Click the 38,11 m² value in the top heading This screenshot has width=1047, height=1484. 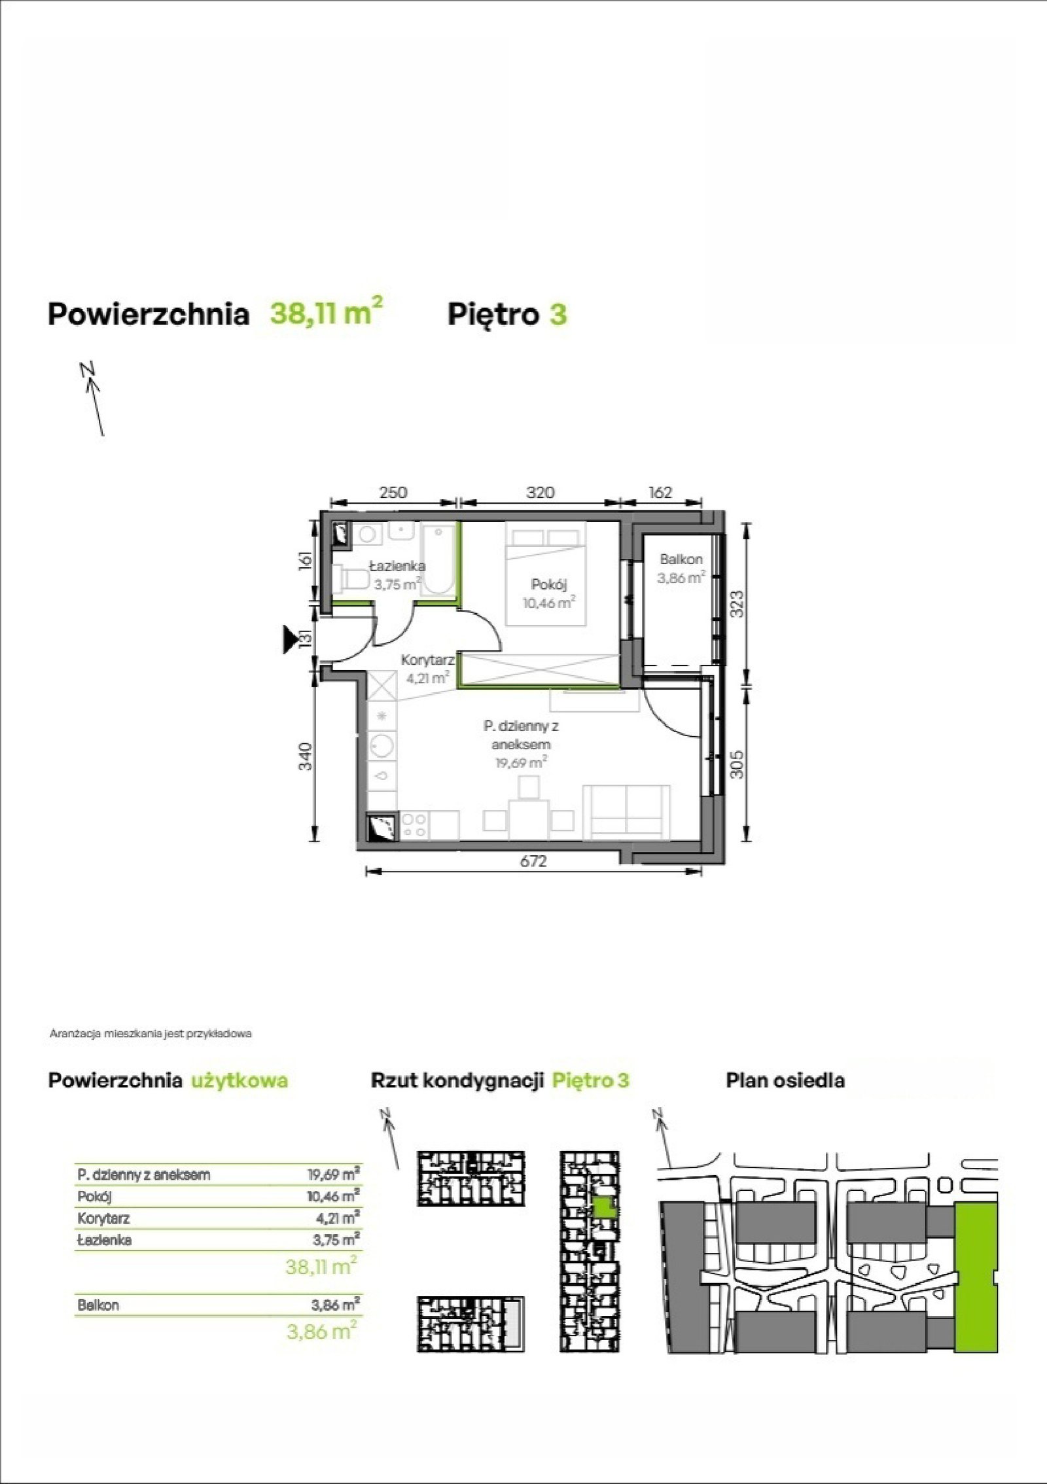pos(326,311)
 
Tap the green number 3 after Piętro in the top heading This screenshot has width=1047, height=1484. pos(558,315)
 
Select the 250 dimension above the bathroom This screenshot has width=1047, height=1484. pos(393,491)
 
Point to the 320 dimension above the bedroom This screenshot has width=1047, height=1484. pos(540,491)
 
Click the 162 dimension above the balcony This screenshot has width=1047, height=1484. pos(660,491)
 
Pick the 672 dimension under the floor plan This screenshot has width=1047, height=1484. pos(533,862)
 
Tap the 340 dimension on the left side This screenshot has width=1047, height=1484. pos(306,756)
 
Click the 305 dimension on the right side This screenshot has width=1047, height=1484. pos(737,763)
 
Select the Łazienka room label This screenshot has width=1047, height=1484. pos(397,566)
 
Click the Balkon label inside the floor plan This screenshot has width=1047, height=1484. pos(681,559)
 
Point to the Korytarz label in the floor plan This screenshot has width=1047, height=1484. pos(428,660)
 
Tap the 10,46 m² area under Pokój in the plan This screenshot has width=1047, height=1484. pos(548,602)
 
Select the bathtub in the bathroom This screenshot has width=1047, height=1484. pos(438,559)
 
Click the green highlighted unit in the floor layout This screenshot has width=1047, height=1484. pos(605,1206)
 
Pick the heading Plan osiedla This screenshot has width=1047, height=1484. pos(785,1080)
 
